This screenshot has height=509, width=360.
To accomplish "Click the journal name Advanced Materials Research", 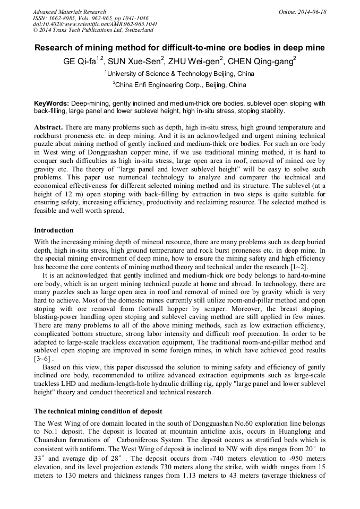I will pyautogui.click(x=69, y=12).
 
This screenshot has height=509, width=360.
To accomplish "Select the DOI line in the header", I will pyautogui.click(x=95, y=24).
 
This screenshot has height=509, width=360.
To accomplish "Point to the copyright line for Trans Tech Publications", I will pyautogui.click(x=92, y=30).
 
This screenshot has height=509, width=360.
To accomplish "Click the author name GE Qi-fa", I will pyautogui.click(x=79, y=62).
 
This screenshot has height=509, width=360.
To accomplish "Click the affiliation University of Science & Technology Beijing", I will pyautogui.click(x=179, y=74).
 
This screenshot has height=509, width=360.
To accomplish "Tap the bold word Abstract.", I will pyautogui.click(x=48, y=127).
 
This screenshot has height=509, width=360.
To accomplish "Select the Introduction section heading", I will pyautogui.click(x=54, y=230).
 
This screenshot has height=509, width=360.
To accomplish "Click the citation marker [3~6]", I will pyautogui.click(x=42, y=359).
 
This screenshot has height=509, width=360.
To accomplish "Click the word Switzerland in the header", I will pyautogui.click(x=134, y=30).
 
